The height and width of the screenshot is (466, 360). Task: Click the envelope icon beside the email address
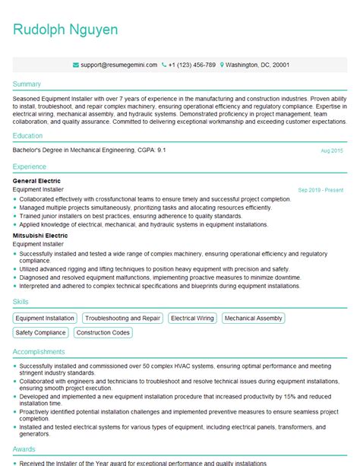point(75,65)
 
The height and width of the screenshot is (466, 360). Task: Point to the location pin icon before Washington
point(222,65)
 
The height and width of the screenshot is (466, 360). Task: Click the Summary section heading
point(27,84)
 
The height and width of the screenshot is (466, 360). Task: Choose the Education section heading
point(29,135)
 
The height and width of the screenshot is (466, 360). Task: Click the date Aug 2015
point(332,151)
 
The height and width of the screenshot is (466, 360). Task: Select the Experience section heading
point(30,166)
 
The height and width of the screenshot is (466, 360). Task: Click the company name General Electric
point(37,181)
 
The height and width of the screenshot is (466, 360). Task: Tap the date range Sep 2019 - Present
point(321,189)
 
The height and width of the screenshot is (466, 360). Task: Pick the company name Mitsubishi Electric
point(40,236)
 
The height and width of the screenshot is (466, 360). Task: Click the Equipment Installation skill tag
point(46,319)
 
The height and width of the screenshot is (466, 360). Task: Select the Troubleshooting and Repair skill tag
point(123,319)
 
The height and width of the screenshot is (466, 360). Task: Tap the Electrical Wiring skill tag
point(193,319)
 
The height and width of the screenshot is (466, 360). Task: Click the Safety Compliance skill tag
point(41,333)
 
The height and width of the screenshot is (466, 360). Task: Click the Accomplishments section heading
point(39,353)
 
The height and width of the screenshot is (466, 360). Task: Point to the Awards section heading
point(25,449)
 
